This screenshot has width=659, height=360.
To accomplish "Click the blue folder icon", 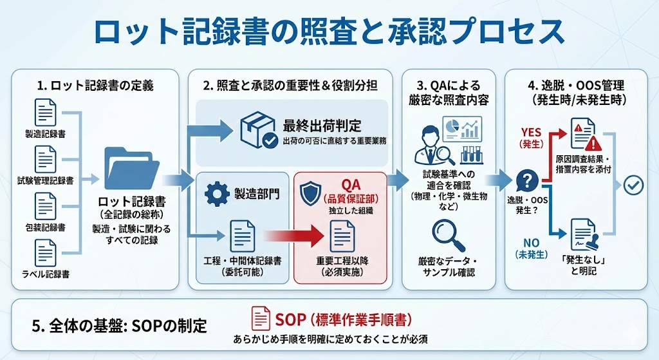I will (x=132, y=168).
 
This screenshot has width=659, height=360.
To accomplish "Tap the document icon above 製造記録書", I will (x=46, y=113).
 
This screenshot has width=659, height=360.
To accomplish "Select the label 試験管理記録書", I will (x=45, y=181).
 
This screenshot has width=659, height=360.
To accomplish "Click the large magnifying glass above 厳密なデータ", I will (x=448, y=235).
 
